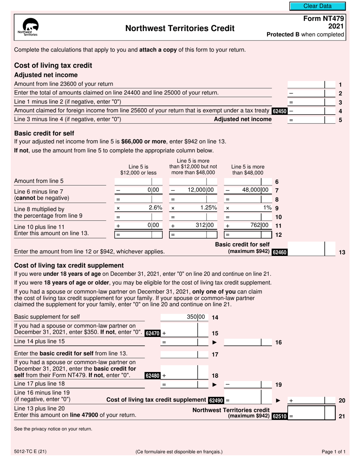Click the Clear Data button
tap(318, 6)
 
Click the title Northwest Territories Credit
tap(180, 28)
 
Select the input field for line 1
tap(306, 84)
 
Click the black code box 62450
tap(280, 111)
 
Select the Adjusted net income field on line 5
tap(306, 120)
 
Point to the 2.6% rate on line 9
tap(155, 208)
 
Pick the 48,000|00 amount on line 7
tap(255, 190)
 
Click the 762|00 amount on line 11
tap(260, 225)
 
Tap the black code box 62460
tap(280, 252)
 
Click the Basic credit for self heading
tap(44, 133)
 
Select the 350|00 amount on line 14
tap(196, 317)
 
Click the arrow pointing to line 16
tap(214, 342)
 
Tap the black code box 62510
tap(280, 416)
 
